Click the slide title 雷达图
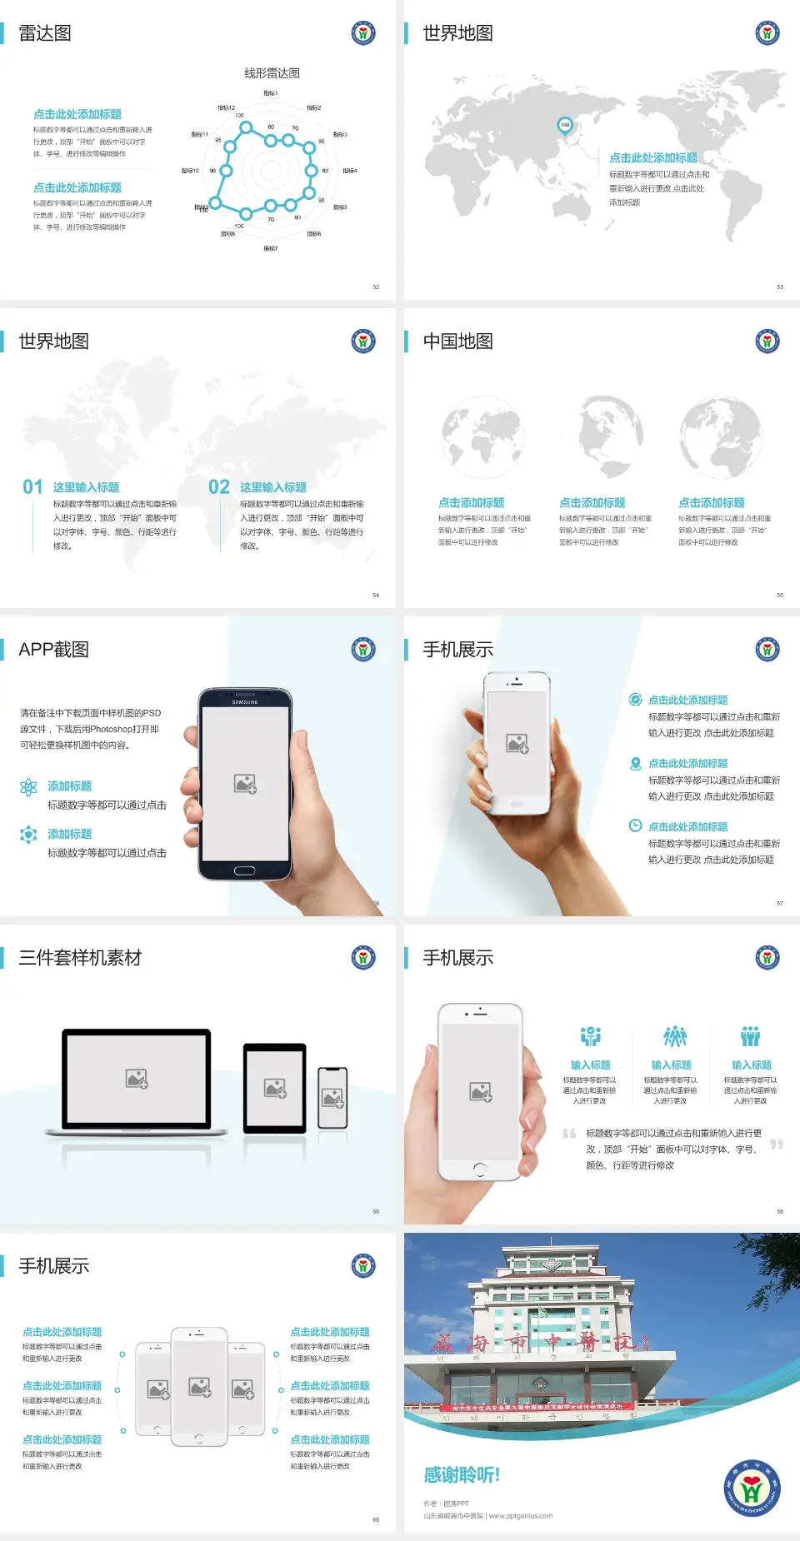click(x=45, y=33)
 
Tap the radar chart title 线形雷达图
click(x=272, y=73)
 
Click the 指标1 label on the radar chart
click(x=271, y=93)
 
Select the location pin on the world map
click(x=564, y=126)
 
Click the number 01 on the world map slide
click(x=32, y=487)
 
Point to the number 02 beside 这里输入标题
click(x=219, y=487)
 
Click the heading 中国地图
click(x=457, y=342)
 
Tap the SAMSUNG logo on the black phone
click(x=245, y=702)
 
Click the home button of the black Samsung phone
click(x=244, y=870)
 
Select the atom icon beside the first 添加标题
click(x=28, y=787)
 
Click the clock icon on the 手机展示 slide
click(x=635, y=825)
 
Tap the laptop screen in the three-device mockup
click(x=137, y=1078)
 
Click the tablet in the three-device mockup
click(x=275, y=1087)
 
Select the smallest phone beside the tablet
click(x=332, y=1098)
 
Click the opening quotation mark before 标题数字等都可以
click(x=569, y=1134)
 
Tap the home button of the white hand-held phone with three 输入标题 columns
click(x=479, y=1169)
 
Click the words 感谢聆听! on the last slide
click(x=462, y=1475)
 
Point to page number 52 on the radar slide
click(x=376, y=287)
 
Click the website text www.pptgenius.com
click(x=521, y=1516)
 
